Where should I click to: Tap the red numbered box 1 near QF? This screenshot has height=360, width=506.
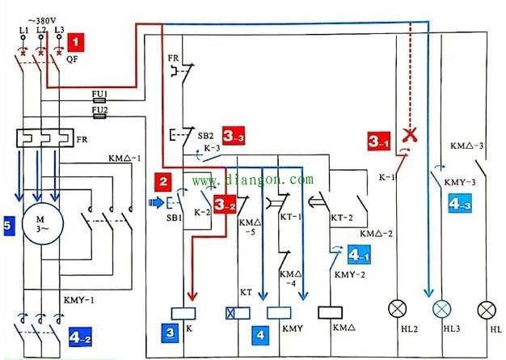[x=75, y=42]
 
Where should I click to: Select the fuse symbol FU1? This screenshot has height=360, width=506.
[x=99, y=101]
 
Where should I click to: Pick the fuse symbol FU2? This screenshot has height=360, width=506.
[x=99, y=116]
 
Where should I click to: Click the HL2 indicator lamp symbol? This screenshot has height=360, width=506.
[x=397, y=309]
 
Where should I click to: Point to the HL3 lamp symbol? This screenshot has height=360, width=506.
[x=442, y=309]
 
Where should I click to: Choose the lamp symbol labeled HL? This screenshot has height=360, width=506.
[x=487, y=309]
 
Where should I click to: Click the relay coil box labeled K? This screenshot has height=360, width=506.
[x=183, y=314]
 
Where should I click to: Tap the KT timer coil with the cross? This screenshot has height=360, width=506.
[x=238, y=313]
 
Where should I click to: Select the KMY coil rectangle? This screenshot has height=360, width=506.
[x=279, y=313]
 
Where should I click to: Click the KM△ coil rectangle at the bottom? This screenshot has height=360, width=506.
[x=330, y=312]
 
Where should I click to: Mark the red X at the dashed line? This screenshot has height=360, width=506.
[x=410, y=134]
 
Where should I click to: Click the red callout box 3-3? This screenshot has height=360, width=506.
[x=234, y=136]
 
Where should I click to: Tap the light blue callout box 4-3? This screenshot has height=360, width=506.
[x=460, y=203]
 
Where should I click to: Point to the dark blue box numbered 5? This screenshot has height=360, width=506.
[x=7, y=225]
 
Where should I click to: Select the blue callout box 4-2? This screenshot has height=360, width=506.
[x=80, y=337]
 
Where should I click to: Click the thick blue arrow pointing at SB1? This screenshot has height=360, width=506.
[x=157, y=203]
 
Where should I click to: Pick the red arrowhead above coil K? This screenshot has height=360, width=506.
[x=192, y=296]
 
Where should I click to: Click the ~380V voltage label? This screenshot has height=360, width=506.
[x=42, y=21]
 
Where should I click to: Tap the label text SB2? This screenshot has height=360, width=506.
[x=205, y=136]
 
